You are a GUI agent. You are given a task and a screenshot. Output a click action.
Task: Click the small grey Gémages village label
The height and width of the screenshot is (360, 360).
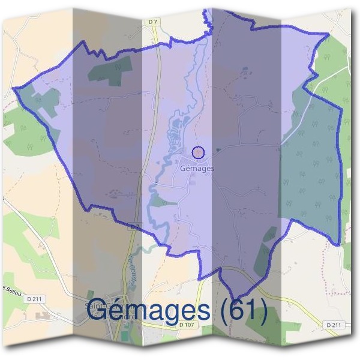pos(197,169)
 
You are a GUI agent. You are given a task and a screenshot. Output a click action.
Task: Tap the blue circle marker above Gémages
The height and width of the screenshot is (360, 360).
pos(198,152)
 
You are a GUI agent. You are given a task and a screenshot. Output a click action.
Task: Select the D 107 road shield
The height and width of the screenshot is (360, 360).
pos(187,325)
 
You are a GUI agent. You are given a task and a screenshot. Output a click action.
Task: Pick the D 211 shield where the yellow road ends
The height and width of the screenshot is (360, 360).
pos(334,325)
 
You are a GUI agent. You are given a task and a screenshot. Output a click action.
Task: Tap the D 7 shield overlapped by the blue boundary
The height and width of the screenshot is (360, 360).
pos(134,227)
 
